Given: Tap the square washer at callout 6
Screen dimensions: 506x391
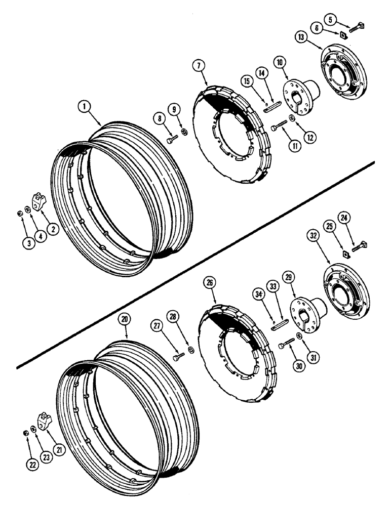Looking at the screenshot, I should point(343,35).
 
